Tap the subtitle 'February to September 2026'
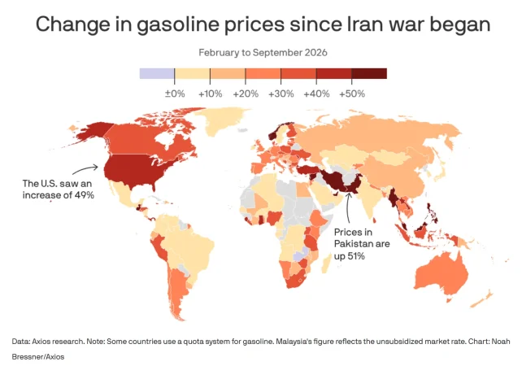[x=263, y=53]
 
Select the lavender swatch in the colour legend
[x=157, y=73]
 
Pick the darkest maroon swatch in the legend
[x=369, y=73]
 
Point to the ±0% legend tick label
[x=175, y=94]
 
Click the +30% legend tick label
[x=281, y=94]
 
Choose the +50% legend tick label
[x=352, y=94]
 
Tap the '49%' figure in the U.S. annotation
[x=85, y=195]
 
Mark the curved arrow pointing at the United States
[x=85, y=168]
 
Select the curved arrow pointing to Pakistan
[x=347, y=208]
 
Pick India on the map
[x=371, y=198]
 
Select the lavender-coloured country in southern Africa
[x=299, y=255]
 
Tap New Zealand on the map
[x=482, y=299]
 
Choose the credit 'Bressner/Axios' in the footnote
[x=38, y=357]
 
